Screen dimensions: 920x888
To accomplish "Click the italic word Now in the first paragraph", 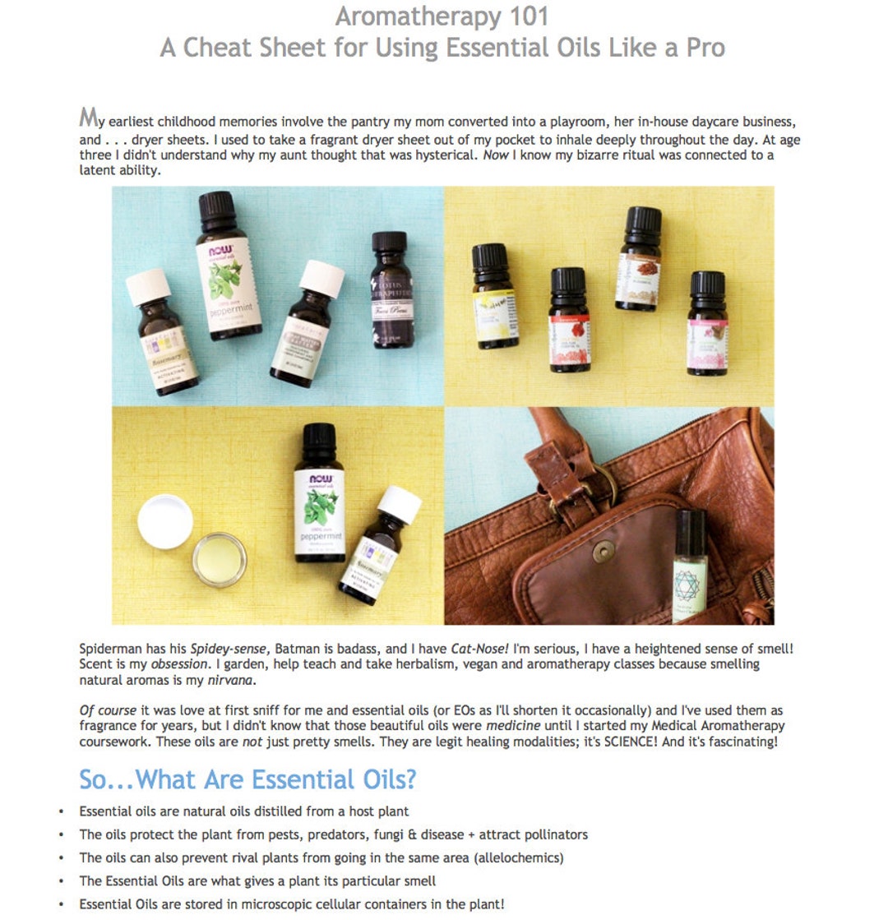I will point(496,155).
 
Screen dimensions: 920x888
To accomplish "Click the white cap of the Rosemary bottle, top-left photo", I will point(149,285).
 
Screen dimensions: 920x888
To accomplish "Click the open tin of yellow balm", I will point(220,560).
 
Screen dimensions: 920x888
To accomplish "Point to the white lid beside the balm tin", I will point(165,521).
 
